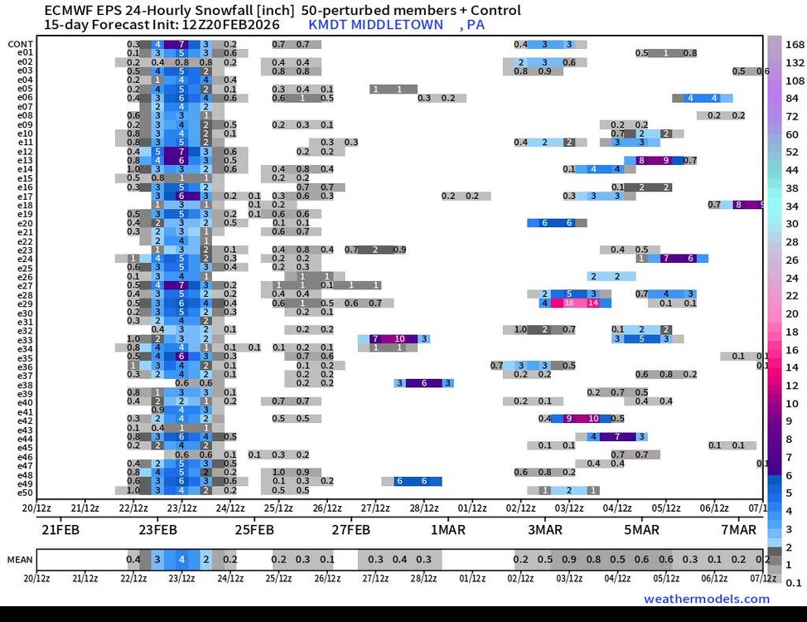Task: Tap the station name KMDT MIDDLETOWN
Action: tap(375, 25)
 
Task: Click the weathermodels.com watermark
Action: tap(706, 599)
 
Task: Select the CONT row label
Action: tap(21, 44)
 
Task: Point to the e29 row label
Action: tap(25, 304)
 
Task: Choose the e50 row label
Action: tap(25, 493)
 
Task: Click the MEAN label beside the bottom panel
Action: tap(20, 560)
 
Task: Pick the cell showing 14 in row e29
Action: tap(592, 304)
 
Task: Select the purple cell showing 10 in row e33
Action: tap(399, 339)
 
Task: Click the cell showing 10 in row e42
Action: tap(592, 420)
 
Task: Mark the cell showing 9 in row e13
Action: tap(665, 160)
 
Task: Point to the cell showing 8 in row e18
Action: tap(738, 205)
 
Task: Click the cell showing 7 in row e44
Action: tap(617, 437)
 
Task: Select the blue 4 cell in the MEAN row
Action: tap(181, 560)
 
